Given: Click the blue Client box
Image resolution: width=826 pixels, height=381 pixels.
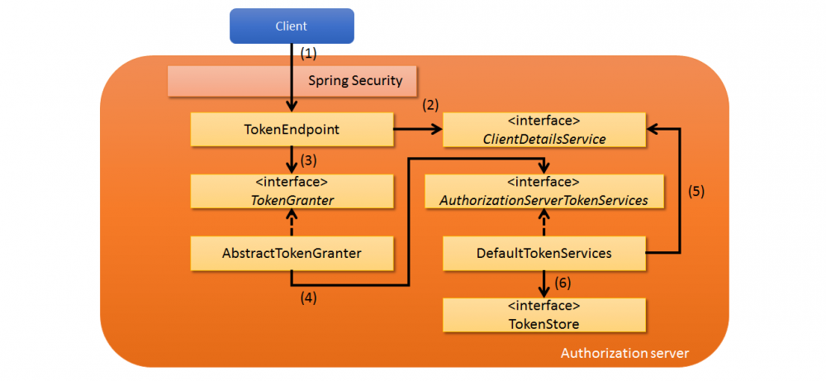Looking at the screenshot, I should [291, 26].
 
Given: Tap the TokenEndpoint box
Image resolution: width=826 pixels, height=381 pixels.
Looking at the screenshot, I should [292, 130].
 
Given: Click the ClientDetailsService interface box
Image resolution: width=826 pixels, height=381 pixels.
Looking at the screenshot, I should [544, 130].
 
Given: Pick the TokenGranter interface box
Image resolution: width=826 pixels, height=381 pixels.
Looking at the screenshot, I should [292, 191].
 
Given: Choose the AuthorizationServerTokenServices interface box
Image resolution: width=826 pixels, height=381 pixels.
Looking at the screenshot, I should [544, 191].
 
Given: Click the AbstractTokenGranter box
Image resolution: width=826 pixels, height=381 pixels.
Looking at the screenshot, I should [292, 253].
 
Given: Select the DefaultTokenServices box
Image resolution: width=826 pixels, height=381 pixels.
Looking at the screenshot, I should [544, 253].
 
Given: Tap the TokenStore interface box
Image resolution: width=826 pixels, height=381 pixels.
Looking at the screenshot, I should [544, 315].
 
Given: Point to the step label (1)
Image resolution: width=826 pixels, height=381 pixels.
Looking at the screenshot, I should [308, 53].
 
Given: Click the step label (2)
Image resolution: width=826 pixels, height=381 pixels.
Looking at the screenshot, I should [430, 106].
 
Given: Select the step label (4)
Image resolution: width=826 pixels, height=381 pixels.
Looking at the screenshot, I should [308, 298].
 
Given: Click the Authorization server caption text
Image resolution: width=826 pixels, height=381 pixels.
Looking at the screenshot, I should [624, 353].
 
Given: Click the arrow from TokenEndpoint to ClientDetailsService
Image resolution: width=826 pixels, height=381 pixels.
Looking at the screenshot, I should [418, 130].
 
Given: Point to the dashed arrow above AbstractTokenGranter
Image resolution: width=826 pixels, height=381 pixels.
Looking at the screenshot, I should [292, 222].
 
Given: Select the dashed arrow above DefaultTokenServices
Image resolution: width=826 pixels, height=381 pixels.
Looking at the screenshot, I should [544, 222].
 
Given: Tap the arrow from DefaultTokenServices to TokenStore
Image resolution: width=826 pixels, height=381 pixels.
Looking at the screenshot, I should [544, 283].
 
